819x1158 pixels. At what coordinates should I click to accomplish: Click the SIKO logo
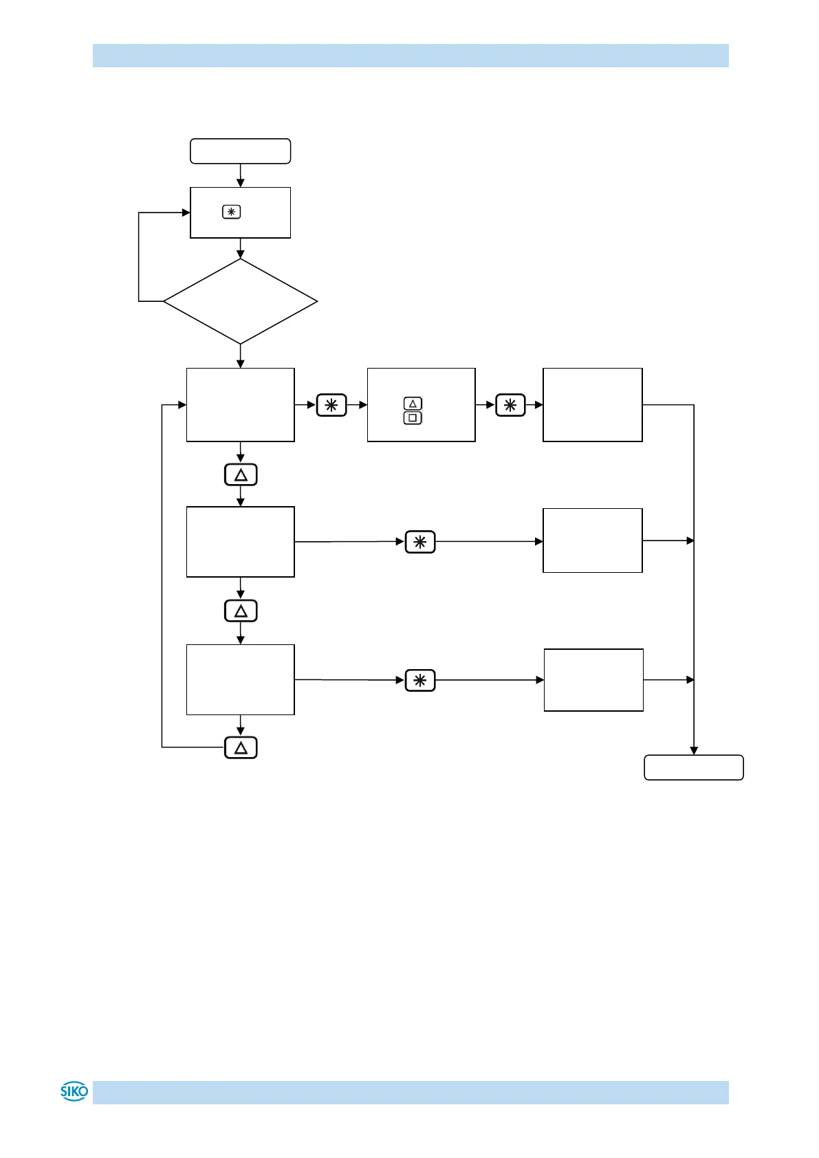(74, 1091)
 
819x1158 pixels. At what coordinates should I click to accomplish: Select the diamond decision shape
(240, 301)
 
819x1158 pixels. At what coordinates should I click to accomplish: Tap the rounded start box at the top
(240, 151)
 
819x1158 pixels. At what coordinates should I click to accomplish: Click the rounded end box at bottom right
(693, 767)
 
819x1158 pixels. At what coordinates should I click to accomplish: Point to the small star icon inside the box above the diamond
(231, 212)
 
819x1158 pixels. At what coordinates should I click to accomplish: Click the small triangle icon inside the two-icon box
(413, 404)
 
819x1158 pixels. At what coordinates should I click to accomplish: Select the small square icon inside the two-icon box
(413, 418)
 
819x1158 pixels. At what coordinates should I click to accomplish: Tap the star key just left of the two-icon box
(331, 405)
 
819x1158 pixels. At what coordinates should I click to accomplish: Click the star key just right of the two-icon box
(510, 405)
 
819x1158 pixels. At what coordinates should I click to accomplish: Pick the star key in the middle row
(420, 542)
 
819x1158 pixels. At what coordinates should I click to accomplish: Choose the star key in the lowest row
(420, 680)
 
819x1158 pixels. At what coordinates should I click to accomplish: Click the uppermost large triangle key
(241, 475)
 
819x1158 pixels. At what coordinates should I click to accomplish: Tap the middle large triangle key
(241, 611)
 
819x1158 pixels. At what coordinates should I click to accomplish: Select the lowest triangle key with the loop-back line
(241, 747)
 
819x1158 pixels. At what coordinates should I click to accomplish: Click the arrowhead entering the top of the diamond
(240, 255)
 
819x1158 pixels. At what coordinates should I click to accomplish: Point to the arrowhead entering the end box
(694, 751)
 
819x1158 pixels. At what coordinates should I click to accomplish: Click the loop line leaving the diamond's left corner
(140, 275)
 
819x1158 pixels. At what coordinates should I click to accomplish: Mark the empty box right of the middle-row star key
(592, 540)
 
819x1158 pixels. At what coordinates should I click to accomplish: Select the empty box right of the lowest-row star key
(593, 679)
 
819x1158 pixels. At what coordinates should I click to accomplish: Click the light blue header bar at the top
(411, 56)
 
